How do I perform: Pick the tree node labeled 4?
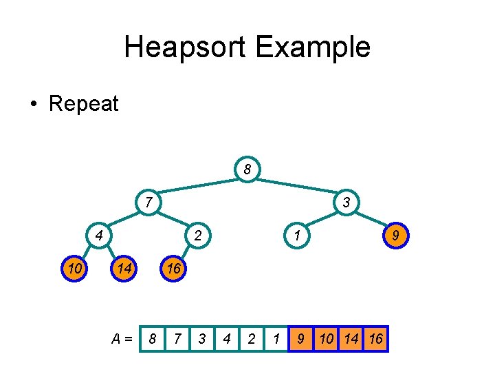(99, 236)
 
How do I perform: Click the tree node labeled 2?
(197, 236)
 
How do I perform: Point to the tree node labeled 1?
(296, 236)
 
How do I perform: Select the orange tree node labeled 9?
(395, 236)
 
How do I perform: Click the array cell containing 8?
(153, 339)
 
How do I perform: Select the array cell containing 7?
(177, 339)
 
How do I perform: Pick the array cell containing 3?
(202, 339)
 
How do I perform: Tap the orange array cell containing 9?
(300, 339)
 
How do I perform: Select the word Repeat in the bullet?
(84, 104)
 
